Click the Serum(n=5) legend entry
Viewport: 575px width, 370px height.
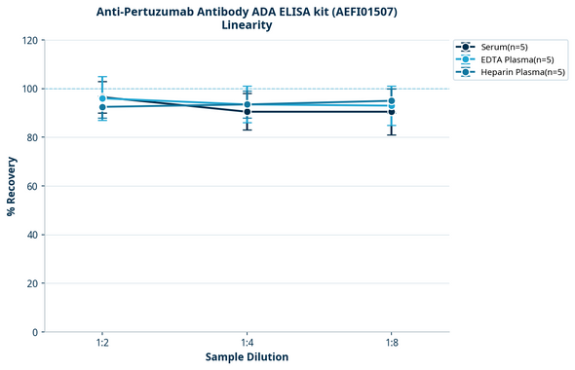click(x=504, y=47)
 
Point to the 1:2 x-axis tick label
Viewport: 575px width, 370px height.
click(x=102, y=343)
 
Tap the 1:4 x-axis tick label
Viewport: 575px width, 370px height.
click(x=248, y=343)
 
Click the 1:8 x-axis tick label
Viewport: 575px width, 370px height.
click(x=392, y=343)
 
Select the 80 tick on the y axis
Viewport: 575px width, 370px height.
click(x=33, y=137)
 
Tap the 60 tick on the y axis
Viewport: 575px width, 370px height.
click(x=33, y=186)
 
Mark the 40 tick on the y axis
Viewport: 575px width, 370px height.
click(x=33, y=235)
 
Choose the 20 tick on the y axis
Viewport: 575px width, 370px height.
click(x=33, y=283)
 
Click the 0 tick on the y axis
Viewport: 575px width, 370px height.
click(x=36, y=332)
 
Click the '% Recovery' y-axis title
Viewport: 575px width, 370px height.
click(x=12, y=186)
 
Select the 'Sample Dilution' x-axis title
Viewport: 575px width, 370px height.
click(x=247, y=357)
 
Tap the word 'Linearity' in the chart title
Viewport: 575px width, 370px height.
click(x=247, y=25)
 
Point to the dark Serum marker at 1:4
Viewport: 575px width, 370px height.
click(x=248, y=112)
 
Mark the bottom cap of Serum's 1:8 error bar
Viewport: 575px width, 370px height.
click(x=392, y=134)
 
